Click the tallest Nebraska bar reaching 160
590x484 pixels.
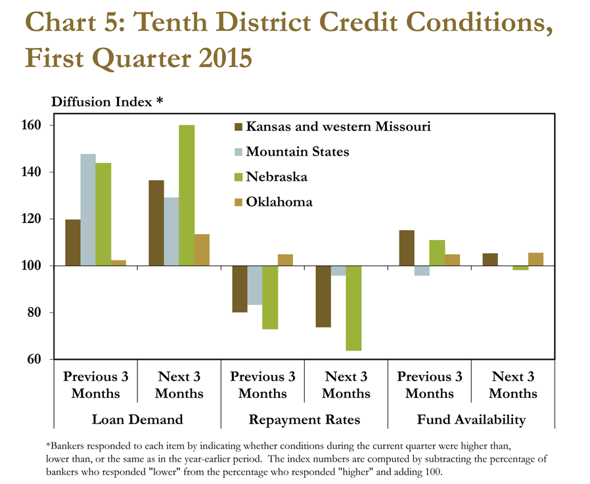(x=187, y=195)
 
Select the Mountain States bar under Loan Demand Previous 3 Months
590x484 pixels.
(x=88, y=210)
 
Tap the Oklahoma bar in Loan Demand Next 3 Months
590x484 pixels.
(x=202, y=250)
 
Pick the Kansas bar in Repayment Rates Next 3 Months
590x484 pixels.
(x=323, y=297)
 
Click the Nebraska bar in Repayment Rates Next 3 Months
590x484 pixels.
(x=353, y=308)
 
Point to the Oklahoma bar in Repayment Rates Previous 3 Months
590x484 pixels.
(x=285, y=260)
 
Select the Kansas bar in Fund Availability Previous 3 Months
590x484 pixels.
(x=407, y=248)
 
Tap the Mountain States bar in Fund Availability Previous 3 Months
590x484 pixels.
(x=422, y=271)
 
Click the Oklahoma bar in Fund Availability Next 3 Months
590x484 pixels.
(x=536, y=259)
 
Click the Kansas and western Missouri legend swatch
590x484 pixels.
(x=238, y=127)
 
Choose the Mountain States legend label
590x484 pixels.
(x=298, y=152)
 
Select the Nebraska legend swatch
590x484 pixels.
(x=238, y=177)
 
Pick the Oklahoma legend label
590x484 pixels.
(x=279, y=203)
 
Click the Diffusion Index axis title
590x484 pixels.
(x=107, y=102)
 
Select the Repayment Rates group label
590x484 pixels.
(x=304, y=420)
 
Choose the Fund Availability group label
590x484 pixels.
(x=471, y=420)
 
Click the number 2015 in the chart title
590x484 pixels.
(x=225, y=59)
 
